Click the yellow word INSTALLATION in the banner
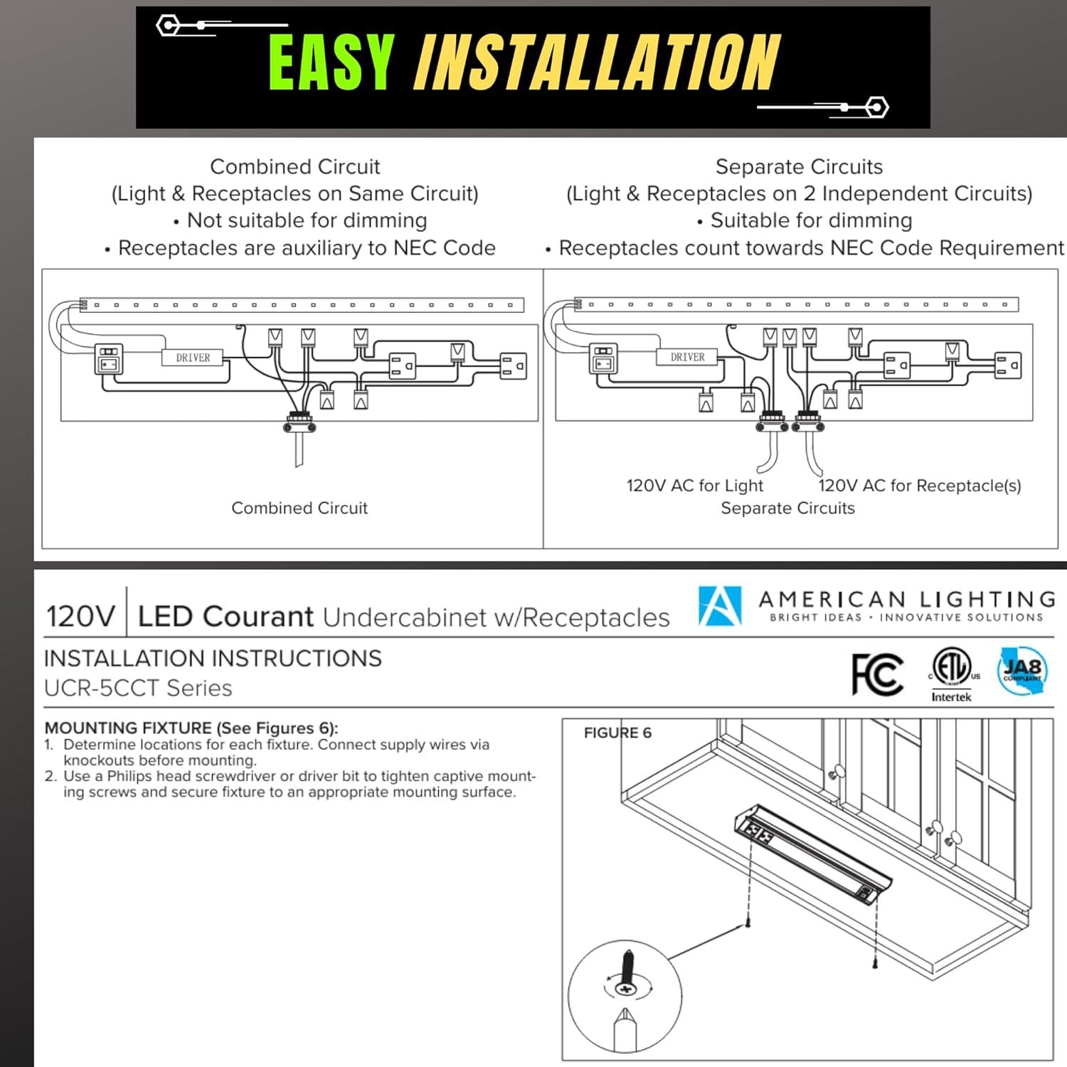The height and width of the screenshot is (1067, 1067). click(x=596, y=63)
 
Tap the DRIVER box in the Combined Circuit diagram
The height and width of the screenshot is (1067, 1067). click(x=193, y=358)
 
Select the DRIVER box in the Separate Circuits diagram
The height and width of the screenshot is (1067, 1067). click(x=687, y=357)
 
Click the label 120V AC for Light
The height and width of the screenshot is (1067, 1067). click(x=694, y=486)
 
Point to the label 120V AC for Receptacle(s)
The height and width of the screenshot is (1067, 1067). click(x=919, y=486)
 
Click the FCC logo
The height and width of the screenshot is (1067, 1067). click(x=877, y=674)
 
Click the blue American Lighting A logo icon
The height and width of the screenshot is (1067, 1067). click(x=720, y=606)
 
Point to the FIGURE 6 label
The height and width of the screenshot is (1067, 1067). click(x=617, y=733)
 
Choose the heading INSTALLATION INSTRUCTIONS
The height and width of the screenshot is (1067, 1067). click(x=213, y=659)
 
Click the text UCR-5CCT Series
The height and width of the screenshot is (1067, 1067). click(x=138, y=689)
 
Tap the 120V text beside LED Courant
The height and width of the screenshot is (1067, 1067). click(x=80, y=617)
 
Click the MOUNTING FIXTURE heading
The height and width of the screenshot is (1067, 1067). click(x=191, y=728)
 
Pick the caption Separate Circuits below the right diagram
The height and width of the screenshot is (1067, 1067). click(x=787, y=509)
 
